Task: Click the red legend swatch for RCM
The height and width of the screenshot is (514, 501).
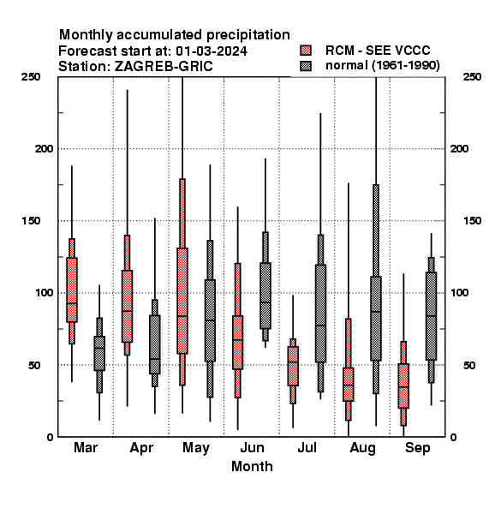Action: (306, 51)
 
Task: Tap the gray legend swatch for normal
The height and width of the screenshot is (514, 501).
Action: (306, 66)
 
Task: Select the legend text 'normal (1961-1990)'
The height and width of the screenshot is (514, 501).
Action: (382, 66)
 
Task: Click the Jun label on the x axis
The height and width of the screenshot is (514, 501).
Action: (252, 447)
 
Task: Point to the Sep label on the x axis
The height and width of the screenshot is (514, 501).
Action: (417, 448)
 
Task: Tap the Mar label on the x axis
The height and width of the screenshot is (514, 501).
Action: (86, 447)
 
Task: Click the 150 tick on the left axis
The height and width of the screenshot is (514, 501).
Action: (31, 221)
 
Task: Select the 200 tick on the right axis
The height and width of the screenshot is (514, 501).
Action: (459, 148)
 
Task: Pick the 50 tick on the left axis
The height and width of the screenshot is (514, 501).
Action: (34, 365)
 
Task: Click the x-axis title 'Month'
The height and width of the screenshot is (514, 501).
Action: (252, 466)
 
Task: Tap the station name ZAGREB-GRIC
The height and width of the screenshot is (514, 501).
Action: (164, 67)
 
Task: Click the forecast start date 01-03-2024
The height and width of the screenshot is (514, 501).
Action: (212, 51)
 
